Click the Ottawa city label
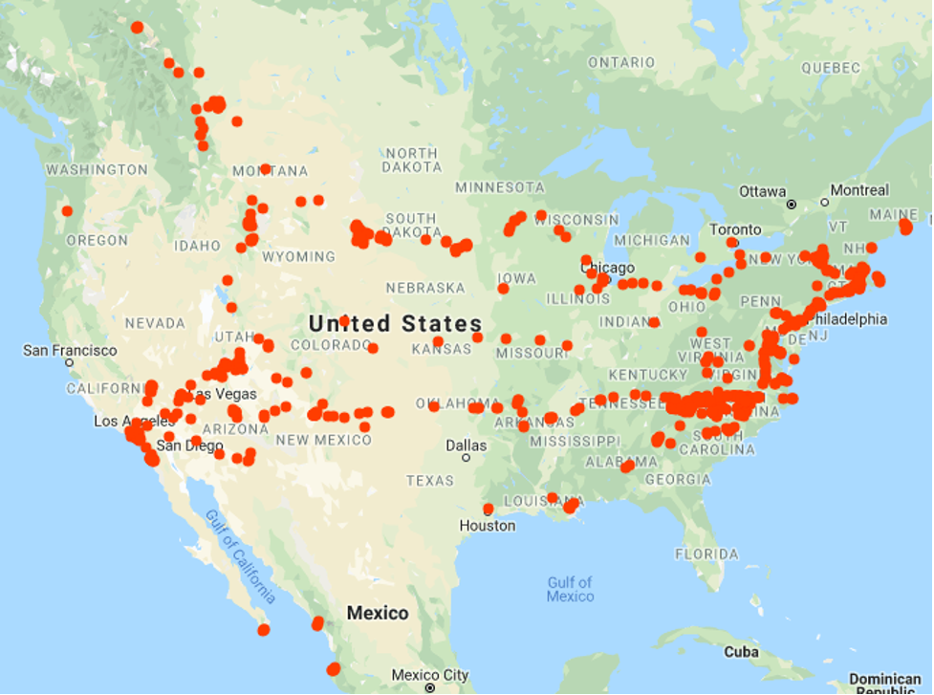click(762, 191)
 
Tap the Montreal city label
click(859, 190)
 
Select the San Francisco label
click(71, 351)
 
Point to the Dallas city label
click(466, 445)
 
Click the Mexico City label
click(430, 675)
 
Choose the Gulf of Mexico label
click(570, 589)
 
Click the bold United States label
click(395, 323)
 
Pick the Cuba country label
click(741, 652)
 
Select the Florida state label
click(706, 554)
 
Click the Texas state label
click(429, 480)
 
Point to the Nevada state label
click(155, 323)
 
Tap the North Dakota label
click(411, 160)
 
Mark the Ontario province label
click(621, 62)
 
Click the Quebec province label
click(831, 68)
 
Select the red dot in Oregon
click(67, 211)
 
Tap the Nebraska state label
click(425, 288)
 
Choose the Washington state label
click(97, 170)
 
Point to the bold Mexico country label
click(378, 613)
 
